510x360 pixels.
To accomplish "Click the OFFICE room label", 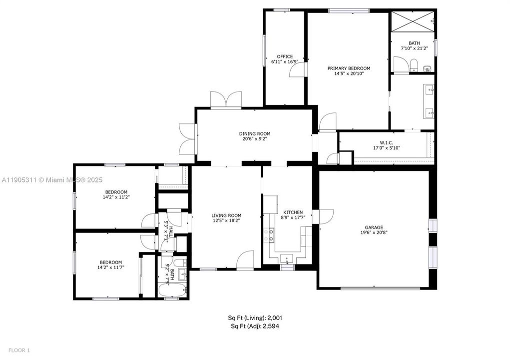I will [285, 56].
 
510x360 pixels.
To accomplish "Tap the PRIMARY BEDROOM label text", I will [349, 68].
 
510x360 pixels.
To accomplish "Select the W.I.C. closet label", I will [386, 142].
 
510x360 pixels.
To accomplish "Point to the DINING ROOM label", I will [254, 133].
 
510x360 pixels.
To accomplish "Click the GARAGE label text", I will [373, 227].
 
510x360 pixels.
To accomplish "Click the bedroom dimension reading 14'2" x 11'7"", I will [110, 268].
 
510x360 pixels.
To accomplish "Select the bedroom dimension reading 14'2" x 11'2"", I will [116, 197].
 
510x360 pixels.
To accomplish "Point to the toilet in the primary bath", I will [413, 63].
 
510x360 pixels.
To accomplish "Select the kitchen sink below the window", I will [287, 258].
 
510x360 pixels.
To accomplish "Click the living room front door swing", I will [246, 259].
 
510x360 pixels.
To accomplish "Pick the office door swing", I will [297, 70].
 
